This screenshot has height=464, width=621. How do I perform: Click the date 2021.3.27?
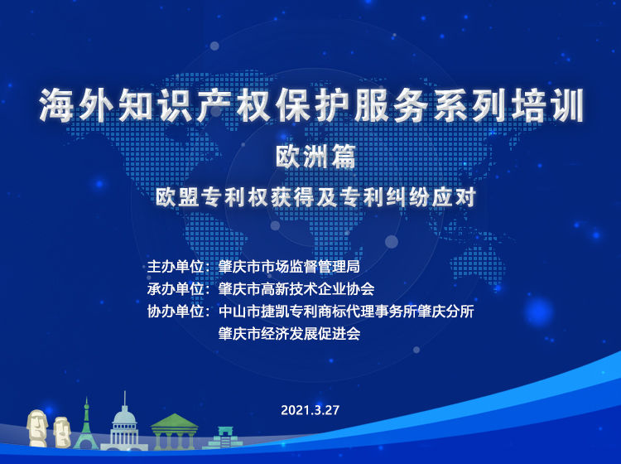[x=310, y=409]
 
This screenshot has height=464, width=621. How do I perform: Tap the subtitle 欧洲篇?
[x=315, y=157]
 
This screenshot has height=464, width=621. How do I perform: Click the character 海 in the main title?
[x=55, y=105]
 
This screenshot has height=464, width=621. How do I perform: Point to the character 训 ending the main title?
[x=567, y=105]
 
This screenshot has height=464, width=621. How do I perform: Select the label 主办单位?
[x=176, y=266]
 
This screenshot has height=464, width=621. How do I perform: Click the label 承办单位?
[x=176, y=289]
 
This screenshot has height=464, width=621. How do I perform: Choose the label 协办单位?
[x=176, y=312]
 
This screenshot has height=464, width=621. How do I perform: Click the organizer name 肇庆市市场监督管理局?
[x=289, y=266]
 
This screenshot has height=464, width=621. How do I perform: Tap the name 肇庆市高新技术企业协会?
[x=296, y=289]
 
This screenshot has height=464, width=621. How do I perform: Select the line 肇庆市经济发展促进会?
[x=289, y=334]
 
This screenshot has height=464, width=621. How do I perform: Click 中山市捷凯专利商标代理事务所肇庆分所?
[x=346, y=312]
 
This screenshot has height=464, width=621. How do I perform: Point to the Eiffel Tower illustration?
[x=86, y=425]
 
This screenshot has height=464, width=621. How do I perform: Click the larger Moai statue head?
[x=36, y=428]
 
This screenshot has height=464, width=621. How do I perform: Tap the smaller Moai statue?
[x=62, y=432]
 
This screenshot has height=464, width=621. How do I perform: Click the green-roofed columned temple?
[x=174, y=432]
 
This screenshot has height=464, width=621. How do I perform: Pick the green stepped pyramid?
[x=223, y=438]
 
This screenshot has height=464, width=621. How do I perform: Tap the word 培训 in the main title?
[x=548, y=105]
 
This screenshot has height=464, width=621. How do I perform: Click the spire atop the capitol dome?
[x=125, y=399]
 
